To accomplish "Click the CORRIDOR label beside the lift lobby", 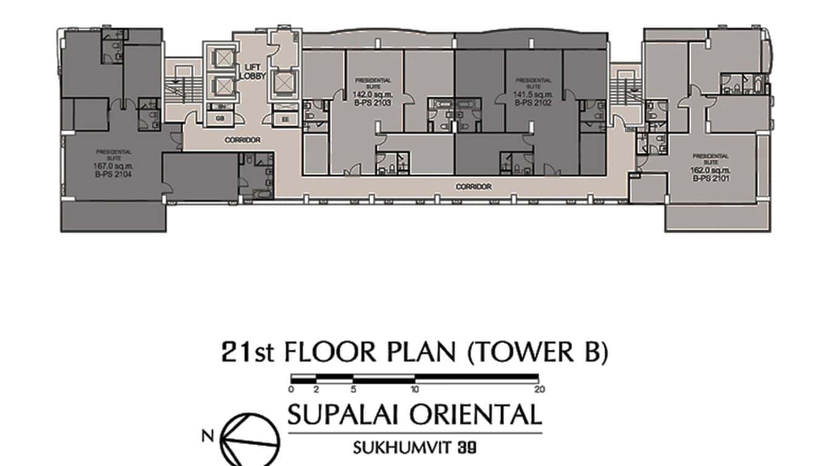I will point(242,140).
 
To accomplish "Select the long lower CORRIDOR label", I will point(473,187).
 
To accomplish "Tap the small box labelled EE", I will point(285,119).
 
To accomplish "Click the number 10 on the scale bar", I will point(414,389).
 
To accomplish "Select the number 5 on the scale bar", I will point(353,389).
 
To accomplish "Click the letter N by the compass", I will point(208,436).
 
